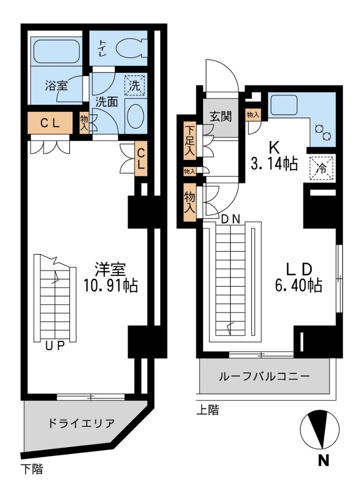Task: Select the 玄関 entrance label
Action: click(221, 116)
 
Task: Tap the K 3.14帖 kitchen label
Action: click(273, 156)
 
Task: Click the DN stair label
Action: click(231, 218)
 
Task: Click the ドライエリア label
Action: click(81, 424)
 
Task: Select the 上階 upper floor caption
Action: click(208, 410)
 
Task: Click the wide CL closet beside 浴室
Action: click(50, 123)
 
